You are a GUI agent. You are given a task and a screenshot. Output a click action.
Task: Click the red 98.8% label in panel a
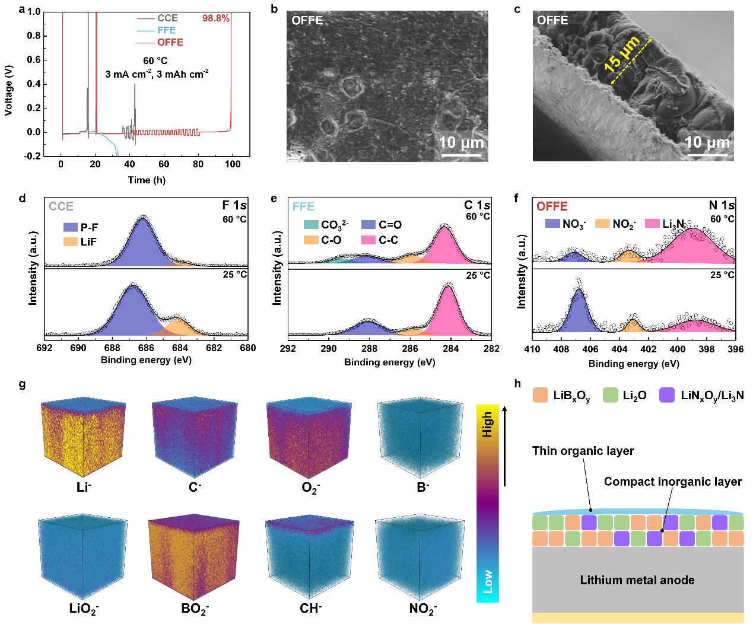216,18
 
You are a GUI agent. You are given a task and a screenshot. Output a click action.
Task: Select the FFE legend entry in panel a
166,30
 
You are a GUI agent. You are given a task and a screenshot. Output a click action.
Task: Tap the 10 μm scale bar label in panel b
461,143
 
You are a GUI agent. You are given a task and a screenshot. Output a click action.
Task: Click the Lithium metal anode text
638,580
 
